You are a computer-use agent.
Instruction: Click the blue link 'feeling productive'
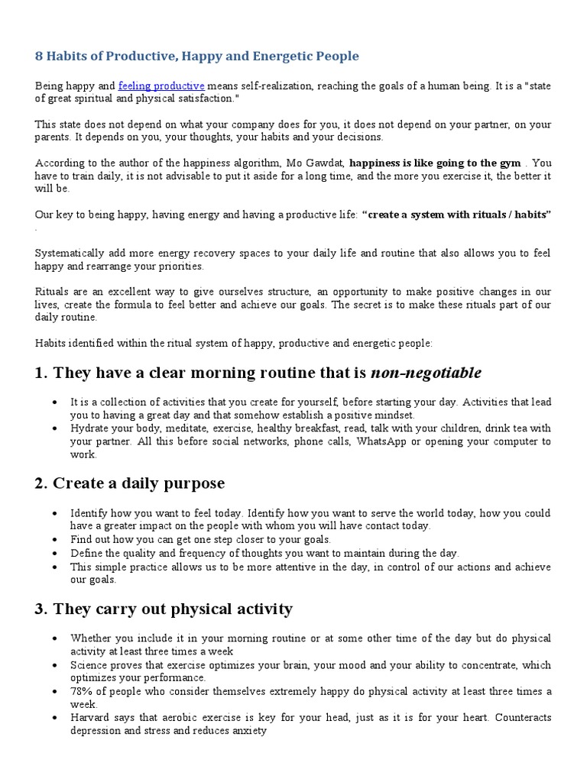(x=161, y=86)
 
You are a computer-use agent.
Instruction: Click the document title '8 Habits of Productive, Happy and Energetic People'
(x=196, y=56)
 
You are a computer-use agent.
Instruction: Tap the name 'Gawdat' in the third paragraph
(x=326, y=163)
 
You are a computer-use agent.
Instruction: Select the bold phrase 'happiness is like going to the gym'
(x=435, y=163)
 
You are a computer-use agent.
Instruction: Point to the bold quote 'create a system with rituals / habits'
(x=456, y=215)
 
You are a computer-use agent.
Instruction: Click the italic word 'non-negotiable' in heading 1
(x=426, y=373)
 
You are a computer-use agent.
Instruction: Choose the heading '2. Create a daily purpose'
(x=129, y=483)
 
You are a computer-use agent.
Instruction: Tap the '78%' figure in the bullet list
(x=82, y=691)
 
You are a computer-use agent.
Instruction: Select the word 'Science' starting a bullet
(x=89, y=664)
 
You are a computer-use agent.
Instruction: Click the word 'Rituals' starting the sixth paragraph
(x=52, y=291)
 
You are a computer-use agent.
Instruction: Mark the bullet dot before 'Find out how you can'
(x=54, y=540)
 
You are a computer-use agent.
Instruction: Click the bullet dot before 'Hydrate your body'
(x=54, y=429)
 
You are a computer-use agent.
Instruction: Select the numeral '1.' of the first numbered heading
(x=41, y=373)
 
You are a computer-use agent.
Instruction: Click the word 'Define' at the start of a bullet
(x=86, y=553)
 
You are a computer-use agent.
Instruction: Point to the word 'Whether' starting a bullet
(x=91, y=638)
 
